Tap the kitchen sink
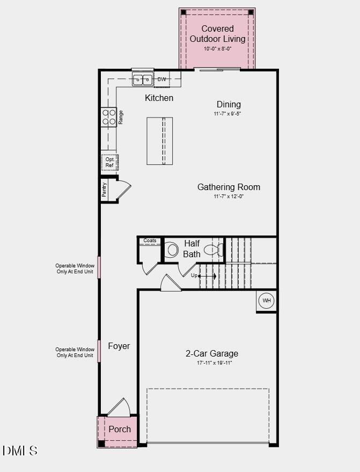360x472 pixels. point(143,80)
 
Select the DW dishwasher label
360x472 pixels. point(162,79)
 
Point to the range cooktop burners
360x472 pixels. point(109,117)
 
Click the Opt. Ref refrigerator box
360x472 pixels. point(109,162)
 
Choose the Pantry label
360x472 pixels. point(105,190)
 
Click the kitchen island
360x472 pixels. point(160,141)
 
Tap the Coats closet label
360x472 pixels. point(150,241)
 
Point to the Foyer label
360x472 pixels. point(119,346)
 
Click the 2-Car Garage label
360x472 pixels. point(212,353)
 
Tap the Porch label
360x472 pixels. point(120,429)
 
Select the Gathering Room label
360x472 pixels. point(229,187)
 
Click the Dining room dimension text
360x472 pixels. point(228,114)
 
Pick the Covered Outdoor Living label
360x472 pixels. point(217,33)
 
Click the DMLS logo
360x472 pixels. point(20,451)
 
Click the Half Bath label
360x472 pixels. point(192,249)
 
